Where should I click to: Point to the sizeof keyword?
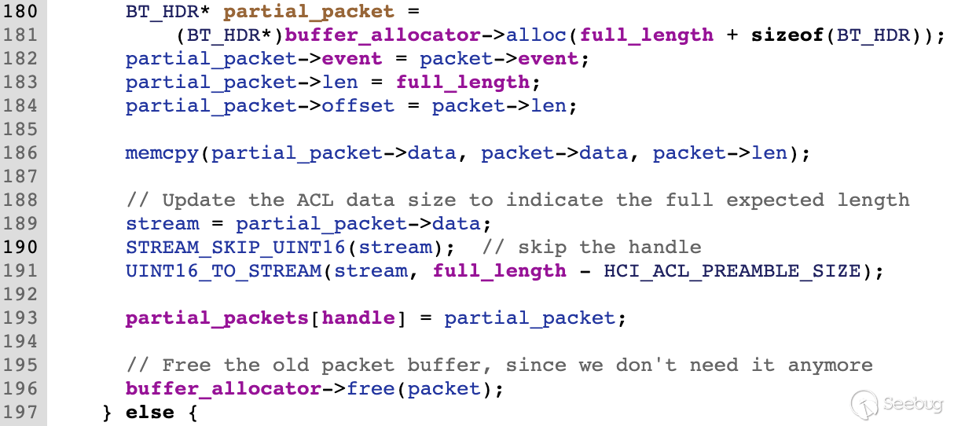point(782,35)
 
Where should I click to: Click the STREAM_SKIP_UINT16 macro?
point(236,247)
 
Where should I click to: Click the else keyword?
point(150,412)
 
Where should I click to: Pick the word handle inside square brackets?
point(358,318)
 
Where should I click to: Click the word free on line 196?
point(371,388)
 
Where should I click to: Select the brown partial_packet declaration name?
point(309,12)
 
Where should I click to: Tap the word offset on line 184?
point(358,106)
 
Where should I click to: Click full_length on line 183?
point(463,83)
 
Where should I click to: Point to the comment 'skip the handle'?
point(591,247)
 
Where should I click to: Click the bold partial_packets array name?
point(218,318)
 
